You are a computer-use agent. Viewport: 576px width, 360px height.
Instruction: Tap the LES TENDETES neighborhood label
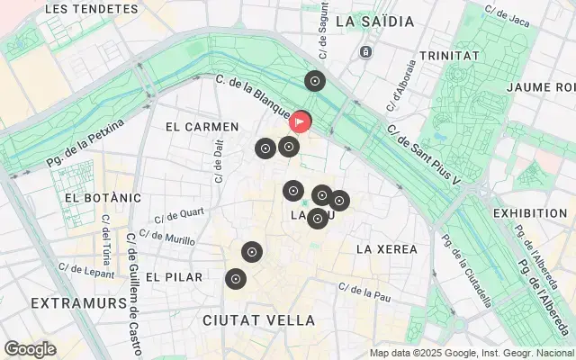click(x=85, y=8)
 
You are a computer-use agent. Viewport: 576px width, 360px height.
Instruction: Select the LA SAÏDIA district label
click(x=374, y=21)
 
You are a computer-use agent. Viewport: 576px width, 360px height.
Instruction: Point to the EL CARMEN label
click(x=202, y=127)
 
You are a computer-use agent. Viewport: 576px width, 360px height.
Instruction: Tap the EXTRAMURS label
click(x=78, y=303)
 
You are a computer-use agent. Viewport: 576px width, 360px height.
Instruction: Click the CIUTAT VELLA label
click(x=259, y=320)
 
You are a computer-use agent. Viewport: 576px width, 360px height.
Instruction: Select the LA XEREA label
click(x=386, y=247)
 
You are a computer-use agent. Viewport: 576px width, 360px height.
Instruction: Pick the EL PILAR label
click(x=174, y=277)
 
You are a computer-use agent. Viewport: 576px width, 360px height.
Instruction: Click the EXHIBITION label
click(x=530, y=213)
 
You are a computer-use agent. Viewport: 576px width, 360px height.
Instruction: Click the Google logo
click(x=30, y=349)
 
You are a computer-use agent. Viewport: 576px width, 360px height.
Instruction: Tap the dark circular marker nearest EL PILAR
click(x=236, y=279)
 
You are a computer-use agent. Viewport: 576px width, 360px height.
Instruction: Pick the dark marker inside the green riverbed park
click(x=314, y=82)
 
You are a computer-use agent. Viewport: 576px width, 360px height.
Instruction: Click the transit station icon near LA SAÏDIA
click(x=366, y=52)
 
